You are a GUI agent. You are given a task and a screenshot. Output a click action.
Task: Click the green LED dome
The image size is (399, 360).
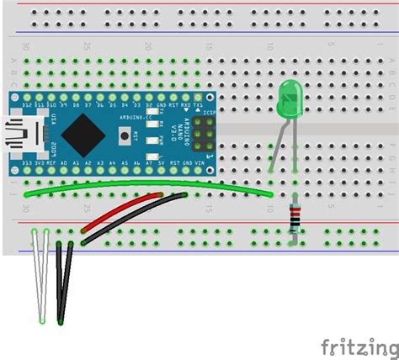click(290, 98)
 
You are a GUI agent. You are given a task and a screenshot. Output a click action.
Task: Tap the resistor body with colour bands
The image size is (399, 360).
click(293, 219)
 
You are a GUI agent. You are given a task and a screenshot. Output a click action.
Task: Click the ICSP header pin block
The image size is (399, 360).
click(205, 133)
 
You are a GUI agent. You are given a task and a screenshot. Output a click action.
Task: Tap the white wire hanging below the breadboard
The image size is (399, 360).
click(40, 278)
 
